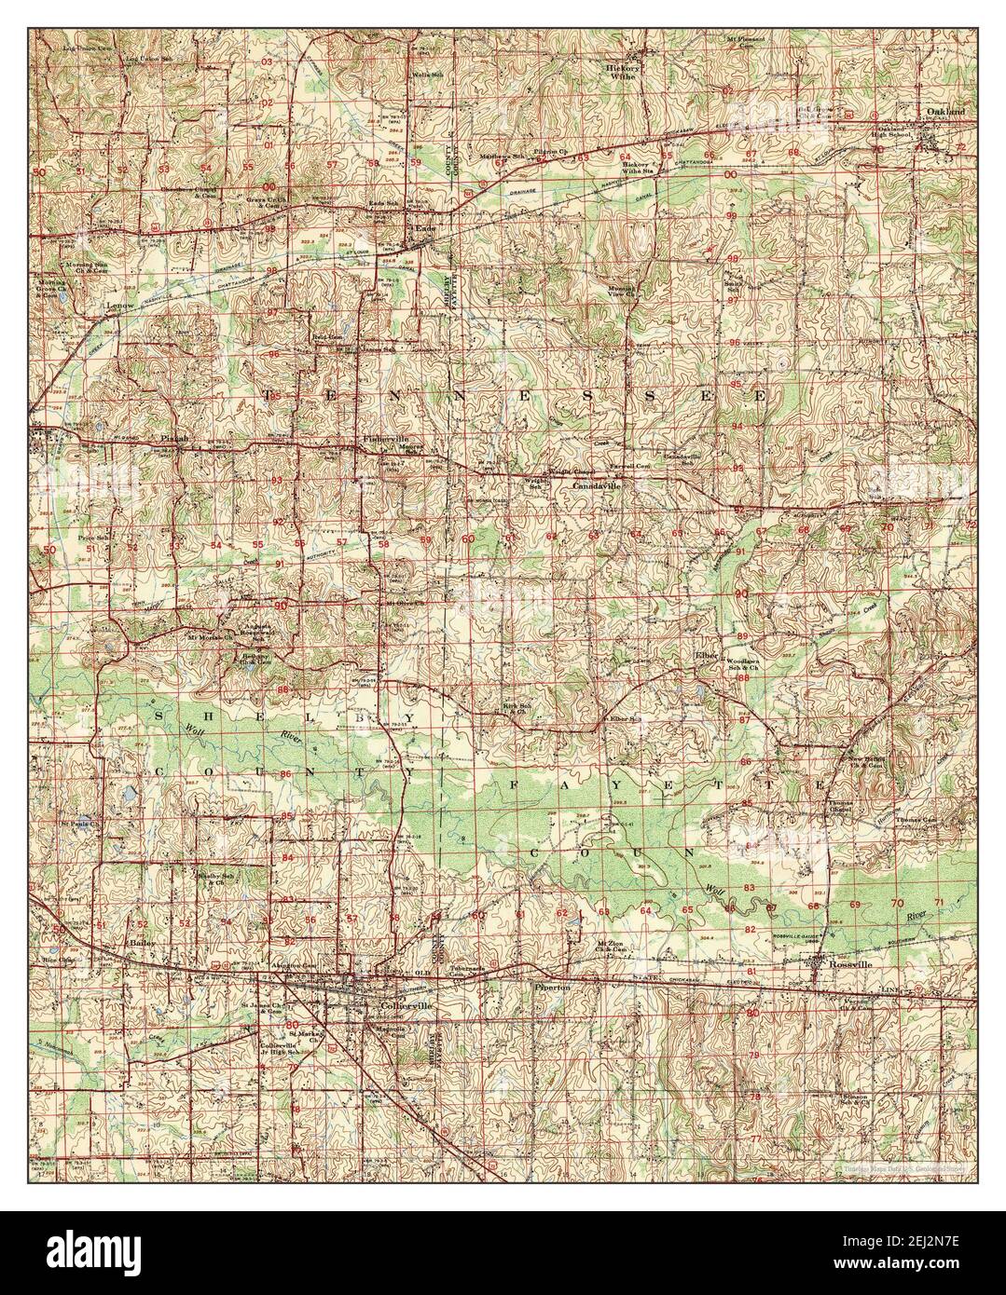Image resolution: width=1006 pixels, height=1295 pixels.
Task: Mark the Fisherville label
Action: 379,440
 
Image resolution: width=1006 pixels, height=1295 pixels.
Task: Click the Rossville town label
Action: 848,965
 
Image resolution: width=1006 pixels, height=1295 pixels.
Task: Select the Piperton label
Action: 551,983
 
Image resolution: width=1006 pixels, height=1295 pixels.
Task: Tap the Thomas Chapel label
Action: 835,807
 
